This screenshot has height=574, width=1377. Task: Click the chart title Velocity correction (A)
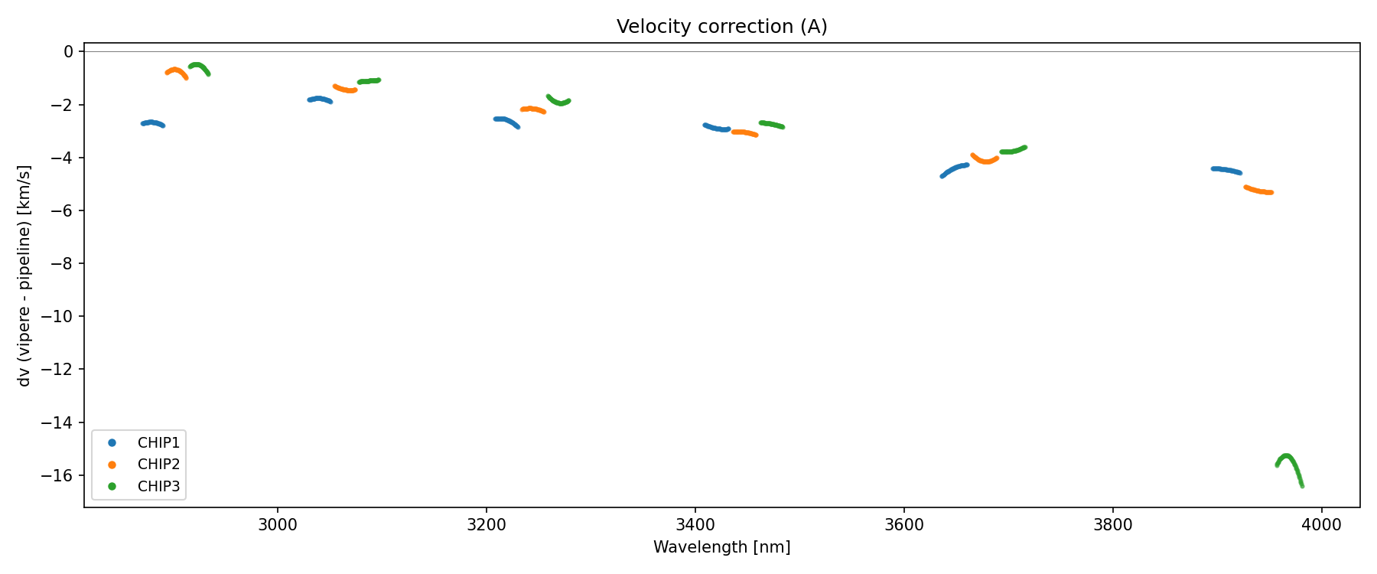pyautogui.click(x=721, y=27)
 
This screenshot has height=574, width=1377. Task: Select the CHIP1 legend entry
pyautogui.click(x=158, y=442)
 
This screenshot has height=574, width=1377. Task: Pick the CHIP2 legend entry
pyautogui.click(x=158, y=464)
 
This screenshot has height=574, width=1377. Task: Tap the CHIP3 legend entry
pyautogui.click(x=158, y=486)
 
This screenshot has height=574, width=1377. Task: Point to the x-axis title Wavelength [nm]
pyautogui.click(x=721, y=547)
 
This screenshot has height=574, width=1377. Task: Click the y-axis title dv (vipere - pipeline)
pyautogui.click(x=24, y=276)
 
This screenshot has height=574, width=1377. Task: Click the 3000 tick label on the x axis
pyautogui.click(x=277, y=525)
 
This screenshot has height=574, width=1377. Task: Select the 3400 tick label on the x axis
pyautogui.click(x=695, y=525)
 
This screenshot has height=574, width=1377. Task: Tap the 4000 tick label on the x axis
pyautogui.click(x=1321, y=525)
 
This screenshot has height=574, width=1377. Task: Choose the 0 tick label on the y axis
pyautogui.click(x=69, y=51)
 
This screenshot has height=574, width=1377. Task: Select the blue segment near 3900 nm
pyautogui.click(x=1226, y=170)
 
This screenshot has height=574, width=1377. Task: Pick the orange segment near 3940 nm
pyautogui.click(x=1259, y=191)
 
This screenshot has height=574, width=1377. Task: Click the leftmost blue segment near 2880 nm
pyautogui.click(x=152, y=122)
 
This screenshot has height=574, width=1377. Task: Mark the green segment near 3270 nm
pyautogui.click(x=559, y=102)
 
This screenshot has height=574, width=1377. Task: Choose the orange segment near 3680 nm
pyautogui.click(x=985, y=161)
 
